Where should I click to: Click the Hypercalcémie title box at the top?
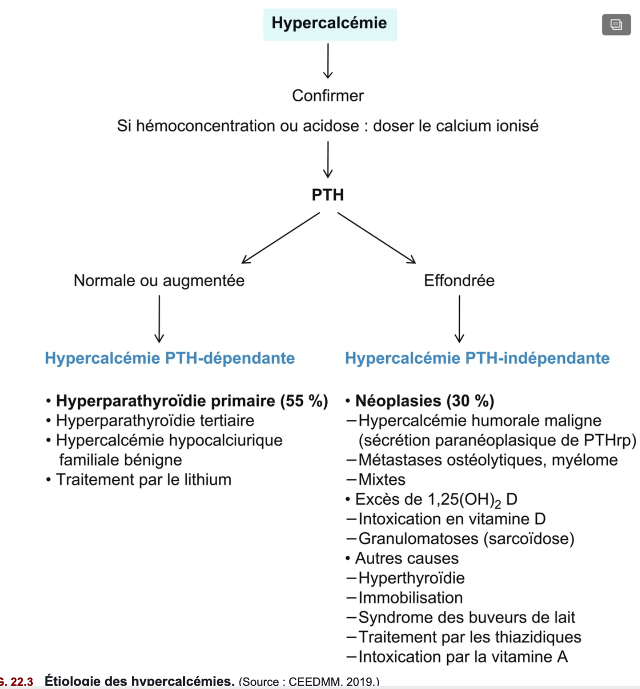pyautogui.click(x=330, y=24)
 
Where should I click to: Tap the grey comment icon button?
pyautogui.click(x=616, y=24)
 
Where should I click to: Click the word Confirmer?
pyautogui.click(x=328, y=95)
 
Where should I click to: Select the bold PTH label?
pyautogui.click(x=328, y=195)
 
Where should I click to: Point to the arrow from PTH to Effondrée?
pyautogui.click(x=376, y=238)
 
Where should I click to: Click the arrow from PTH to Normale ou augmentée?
pyautogui.click(x=281, y=238)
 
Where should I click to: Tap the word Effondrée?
pyautogui.click(x=459, y=280)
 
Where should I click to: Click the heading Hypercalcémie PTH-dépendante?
pyautogui.click(x=170, y=358)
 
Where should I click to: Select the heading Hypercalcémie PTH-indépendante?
pyautogui.click(x=477, y=358)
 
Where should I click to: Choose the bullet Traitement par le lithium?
pyautogui.click(x=143, y=479)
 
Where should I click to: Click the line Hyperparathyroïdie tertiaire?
pyautogui.click(x=155, y=420)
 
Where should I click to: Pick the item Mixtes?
pyautogui.click(x=382, y=479)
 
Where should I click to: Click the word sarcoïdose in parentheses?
pyautogui.click(x=528, y=538)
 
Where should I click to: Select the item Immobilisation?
pyautogui.click(x=411, y=597)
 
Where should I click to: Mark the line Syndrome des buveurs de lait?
pyautogui.click(x=466, y=617)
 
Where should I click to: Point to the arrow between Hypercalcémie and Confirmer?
pyautogui.click(x=328, y=61)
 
